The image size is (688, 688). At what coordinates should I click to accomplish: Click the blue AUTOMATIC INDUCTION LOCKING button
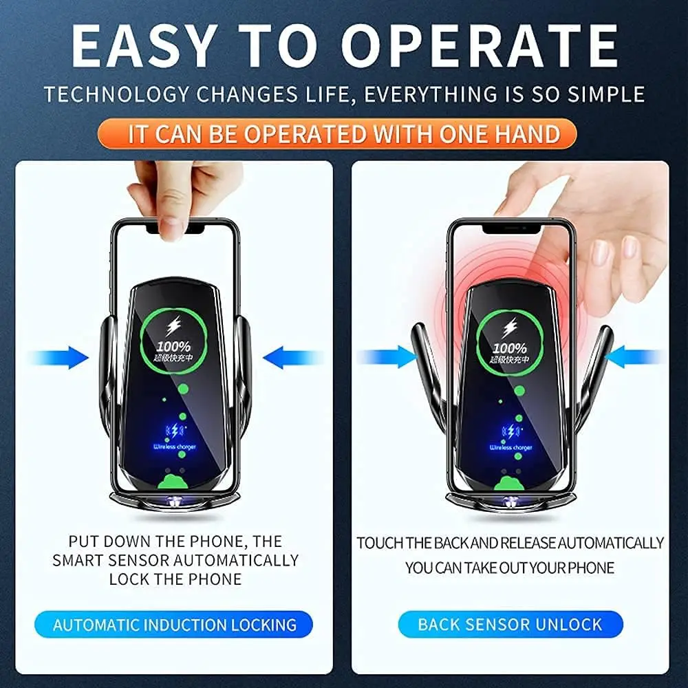click(x=174, y=625)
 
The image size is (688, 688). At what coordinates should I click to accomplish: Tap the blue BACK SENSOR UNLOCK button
click(x=510, y=625)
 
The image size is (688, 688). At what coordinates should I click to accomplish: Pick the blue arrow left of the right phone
click(x=385, y=356)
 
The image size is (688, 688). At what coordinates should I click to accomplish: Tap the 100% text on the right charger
click(x=509, y=347)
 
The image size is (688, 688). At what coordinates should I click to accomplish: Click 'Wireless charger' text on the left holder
click(x=175, y=447)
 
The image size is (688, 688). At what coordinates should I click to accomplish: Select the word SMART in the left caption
click(x=80, y=560)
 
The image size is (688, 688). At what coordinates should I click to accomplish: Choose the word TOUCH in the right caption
click(x=379, y=543)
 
